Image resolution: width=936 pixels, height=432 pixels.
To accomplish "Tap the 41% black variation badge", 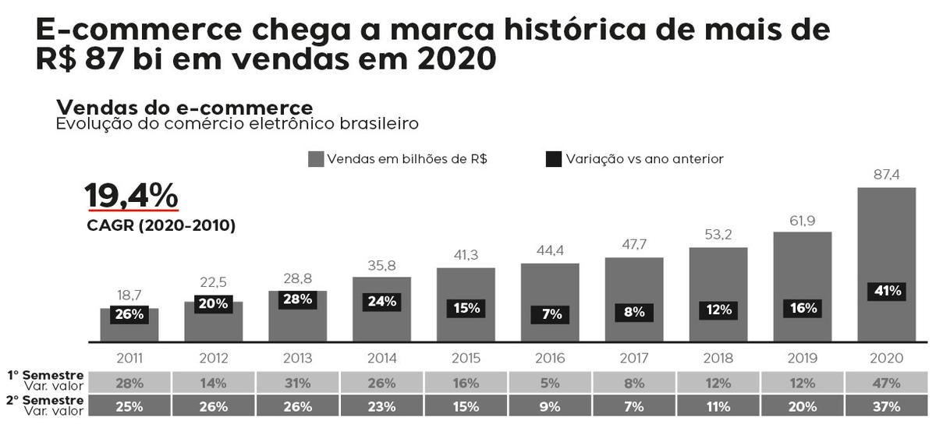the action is [887, 291].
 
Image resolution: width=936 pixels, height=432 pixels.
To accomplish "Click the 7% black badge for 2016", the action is [550, 314].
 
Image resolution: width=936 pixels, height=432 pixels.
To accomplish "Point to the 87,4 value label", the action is [886, 175].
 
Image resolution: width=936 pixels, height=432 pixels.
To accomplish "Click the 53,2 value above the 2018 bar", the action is [718, 235].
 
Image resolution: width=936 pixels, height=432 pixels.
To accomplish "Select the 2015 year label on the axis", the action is [466, 358].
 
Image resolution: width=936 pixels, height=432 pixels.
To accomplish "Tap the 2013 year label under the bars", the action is [297, 358].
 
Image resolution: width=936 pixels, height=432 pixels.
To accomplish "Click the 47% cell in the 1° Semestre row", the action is [886, 383].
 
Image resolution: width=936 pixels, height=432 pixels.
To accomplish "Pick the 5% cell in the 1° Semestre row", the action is [550, 383].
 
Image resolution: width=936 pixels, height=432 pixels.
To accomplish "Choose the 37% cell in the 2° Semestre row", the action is [886, 406].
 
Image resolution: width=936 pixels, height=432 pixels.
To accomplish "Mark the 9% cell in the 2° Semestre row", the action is [550, 406].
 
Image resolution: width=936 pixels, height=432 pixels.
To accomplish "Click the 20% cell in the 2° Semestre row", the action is [803, 406].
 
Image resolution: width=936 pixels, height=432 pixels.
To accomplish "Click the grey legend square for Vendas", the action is [316, 159].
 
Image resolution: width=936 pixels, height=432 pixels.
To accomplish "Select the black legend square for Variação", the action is [554, 159].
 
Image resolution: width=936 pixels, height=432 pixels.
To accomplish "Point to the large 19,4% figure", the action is [132, 195].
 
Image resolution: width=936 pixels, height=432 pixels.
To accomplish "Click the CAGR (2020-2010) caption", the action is [161, 225].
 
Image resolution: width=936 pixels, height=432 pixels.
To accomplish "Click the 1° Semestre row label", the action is [45, 375].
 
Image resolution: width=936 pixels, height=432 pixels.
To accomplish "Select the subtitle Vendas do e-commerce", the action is [185, 108].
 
